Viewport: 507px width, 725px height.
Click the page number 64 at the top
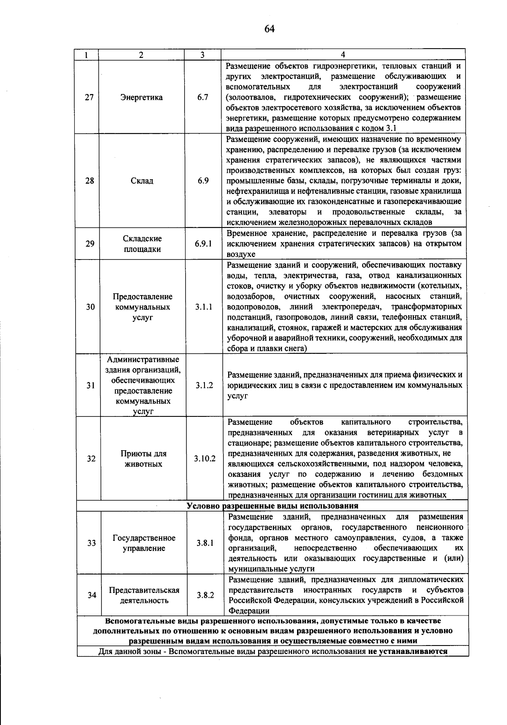[269, 28]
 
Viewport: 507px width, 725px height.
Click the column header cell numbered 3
[202, 55]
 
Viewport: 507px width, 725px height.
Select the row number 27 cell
[89, 97]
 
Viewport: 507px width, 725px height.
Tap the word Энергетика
[141, 97]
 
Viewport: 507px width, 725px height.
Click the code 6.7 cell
[203, 97]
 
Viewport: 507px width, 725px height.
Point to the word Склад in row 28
[142, 181]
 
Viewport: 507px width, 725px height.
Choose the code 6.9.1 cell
[203, 243]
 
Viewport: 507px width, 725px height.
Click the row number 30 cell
[90, 307]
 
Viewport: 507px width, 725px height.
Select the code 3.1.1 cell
[204, 307]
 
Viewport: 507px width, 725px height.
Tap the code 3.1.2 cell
[204, 385]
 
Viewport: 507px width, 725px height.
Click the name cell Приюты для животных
[144, 459]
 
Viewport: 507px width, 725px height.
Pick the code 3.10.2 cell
[204, 459]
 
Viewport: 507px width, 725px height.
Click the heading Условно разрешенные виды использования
[273, 506]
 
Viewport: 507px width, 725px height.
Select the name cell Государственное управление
[144, 543]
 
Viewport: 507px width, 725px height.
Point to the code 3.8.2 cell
[205, 595]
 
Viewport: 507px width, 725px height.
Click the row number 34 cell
[92, 595]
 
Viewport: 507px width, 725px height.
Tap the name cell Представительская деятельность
[144, 595]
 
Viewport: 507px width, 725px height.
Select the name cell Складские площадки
[142, 243]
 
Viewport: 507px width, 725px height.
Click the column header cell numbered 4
[343, 55]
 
